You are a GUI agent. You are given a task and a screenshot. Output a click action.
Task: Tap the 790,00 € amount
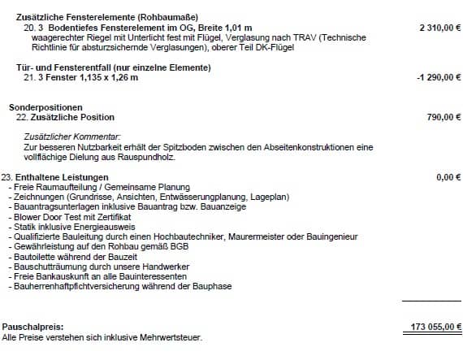coord(444,117)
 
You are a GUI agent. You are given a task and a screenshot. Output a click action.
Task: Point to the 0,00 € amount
coord(448,176)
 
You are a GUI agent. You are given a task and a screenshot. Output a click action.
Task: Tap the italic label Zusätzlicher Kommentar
coord(72,137)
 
